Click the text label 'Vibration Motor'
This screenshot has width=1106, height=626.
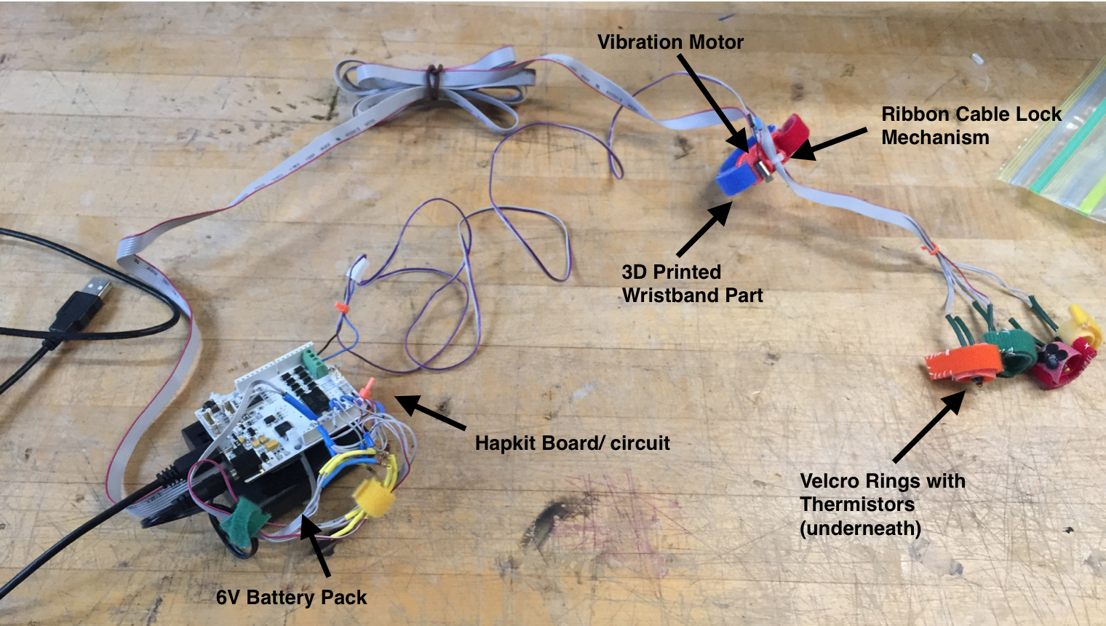click(670, 42)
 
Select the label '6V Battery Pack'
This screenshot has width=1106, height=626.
click(291, 598)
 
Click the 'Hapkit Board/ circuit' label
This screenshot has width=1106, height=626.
click(572, 443)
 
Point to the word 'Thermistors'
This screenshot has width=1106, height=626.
click(856, 504)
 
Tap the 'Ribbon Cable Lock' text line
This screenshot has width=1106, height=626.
click(971, 114)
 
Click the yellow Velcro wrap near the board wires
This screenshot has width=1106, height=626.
click(373, 500)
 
